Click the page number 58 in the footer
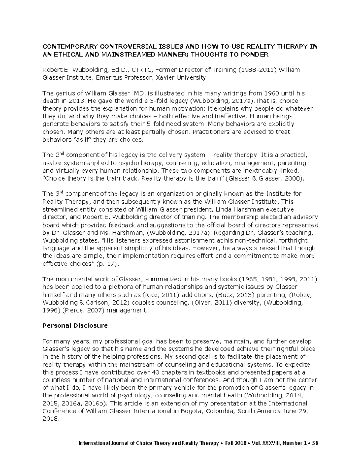(x=315, y=443)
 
